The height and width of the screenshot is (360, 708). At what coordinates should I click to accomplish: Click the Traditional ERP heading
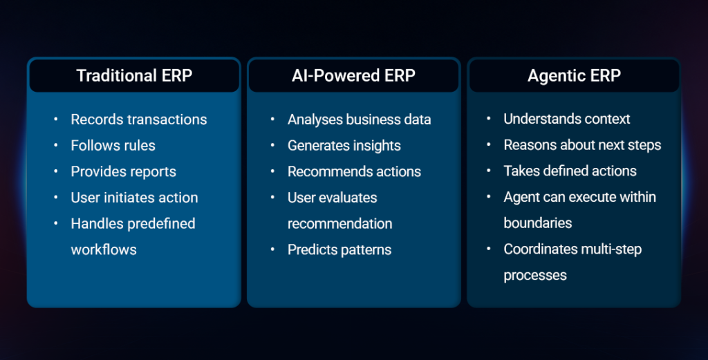pyautogui.click(x=134, y=75)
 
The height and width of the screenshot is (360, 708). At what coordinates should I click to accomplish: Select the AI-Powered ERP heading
pyautogui.click(x=353, y=75)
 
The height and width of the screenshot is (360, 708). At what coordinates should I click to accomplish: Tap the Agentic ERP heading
pyautogui.click(x=574, y=76)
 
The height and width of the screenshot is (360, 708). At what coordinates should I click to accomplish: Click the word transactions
pyautogui.click(x=167, y=120)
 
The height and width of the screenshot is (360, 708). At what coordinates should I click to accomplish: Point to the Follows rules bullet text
pyautogui.click(x=113, y=145)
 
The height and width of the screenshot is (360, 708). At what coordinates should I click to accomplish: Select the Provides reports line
pyautogui.click(x=123, y=172)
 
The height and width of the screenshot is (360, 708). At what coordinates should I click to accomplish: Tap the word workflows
pyautogui.click(x=104, y=249)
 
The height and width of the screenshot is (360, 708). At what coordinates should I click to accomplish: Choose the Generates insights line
pyautogui.click(x=344, y=146)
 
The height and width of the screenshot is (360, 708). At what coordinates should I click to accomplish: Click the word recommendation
pyautogui.click(x=340, y=223)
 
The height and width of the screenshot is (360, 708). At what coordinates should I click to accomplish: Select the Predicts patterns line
pyautogui.click(x=339, y=250)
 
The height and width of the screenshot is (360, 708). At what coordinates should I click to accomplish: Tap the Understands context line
pyautogui.click(x=567, y=119)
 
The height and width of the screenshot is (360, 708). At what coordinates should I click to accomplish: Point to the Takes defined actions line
pyautogui.click(x=570, y=171)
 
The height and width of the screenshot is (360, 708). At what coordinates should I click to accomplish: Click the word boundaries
pyautogui.click(x=538, y=223)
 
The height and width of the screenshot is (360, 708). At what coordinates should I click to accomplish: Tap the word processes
pyautogui.click(x=535, y=276)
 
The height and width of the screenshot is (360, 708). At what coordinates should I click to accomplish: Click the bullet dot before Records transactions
pyautogui.click(x=56, y=119)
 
